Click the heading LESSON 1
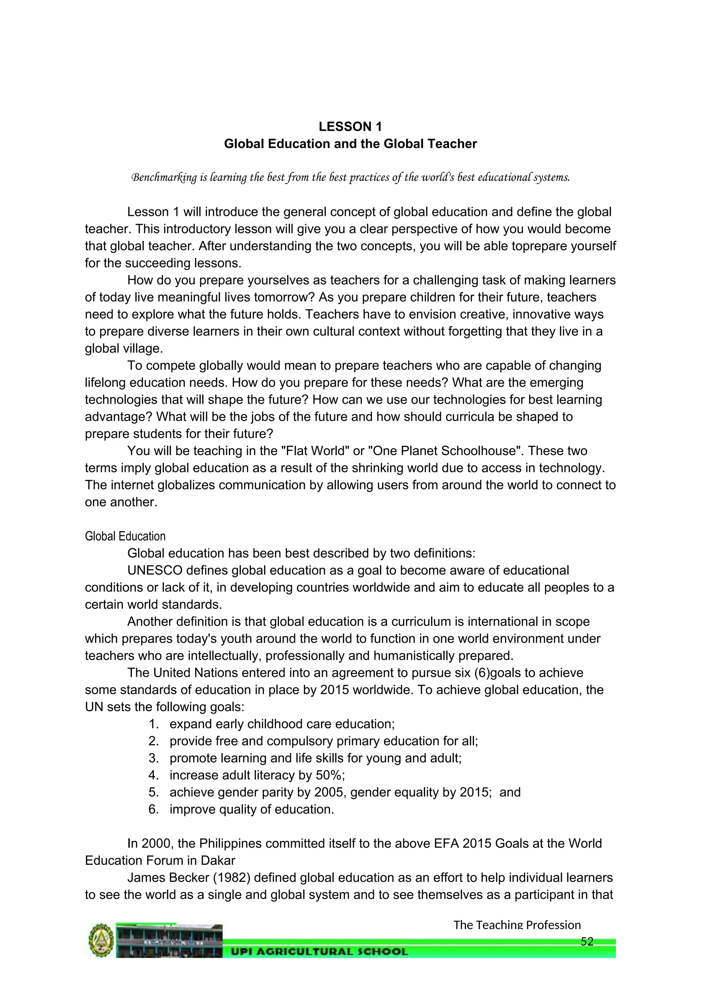[x=350, y=127]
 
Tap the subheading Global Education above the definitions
[x=125, y=536]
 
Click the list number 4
[x=153, y=775]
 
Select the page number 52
[x=587, y=941]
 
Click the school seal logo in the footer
[x=101, y=941]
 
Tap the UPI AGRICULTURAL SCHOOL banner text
[x=319, y=952]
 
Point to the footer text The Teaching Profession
[x=517, y=925]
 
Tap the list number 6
[x=153, y=809]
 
